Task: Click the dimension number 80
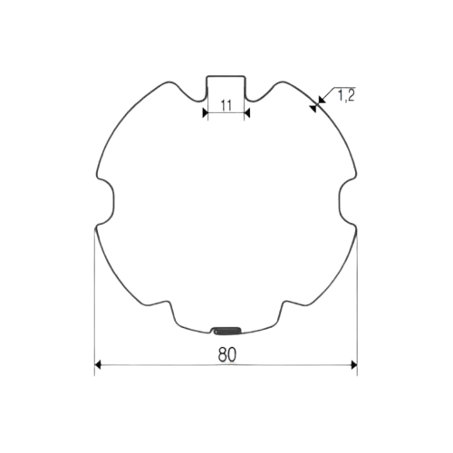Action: point(226,357)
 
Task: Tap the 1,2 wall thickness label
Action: point(345,94)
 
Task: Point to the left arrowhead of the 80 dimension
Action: point(98,366)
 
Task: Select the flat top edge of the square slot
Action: point(224,77)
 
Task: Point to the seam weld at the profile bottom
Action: point(226,329)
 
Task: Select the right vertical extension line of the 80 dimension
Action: point(357,299)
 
